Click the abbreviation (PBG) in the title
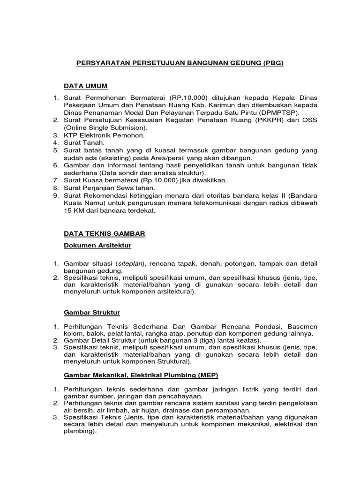click(272, 62)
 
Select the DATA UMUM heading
click(86, 86)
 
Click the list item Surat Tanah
click(84, 142)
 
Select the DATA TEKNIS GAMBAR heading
click(105, 233)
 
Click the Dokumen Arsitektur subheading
click(97, 245)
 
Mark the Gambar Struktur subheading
click(92, 313)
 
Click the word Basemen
click(301, 326)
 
